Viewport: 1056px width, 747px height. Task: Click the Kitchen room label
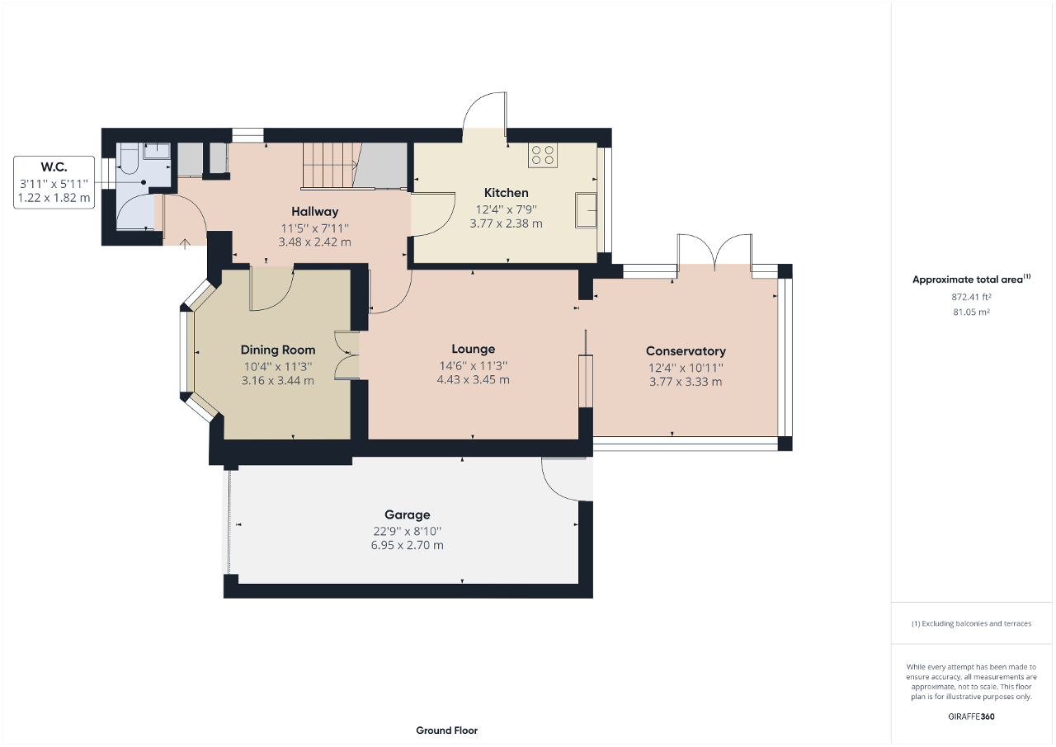click(x=506, y=193)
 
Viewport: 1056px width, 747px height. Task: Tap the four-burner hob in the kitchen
click(x=543, y=155)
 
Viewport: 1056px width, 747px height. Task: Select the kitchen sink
click(x=587, y=209)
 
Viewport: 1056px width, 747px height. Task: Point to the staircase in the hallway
click(x=328, y=165)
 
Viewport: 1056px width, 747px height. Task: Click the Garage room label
click(x=407, y=514)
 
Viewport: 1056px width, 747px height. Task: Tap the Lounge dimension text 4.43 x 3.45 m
click(x=473, y=380)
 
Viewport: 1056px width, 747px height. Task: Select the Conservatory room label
click(x=685, y=351)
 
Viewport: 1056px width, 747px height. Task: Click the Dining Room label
click(x=277, y=350)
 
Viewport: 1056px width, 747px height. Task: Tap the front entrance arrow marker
click(x=184, y=242)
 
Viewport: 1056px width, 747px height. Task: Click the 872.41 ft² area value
click(x=971, y=297)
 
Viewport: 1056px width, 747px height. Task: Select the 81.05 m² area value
click(x=971, y=312)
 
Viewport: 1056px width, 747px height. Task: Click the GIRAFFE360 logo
click(x=971, y=716)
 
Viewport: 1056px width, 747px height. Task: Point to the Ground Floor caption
click(x=446, y=731)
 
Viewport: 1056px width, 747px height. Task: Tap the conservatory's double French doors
click(x=714, y=252)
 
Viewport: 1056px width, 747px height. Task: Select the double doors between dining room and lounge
click(x=346, y=355)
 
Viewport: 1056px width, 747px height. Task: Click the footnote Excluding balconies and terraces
click(x=971, y=623)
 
